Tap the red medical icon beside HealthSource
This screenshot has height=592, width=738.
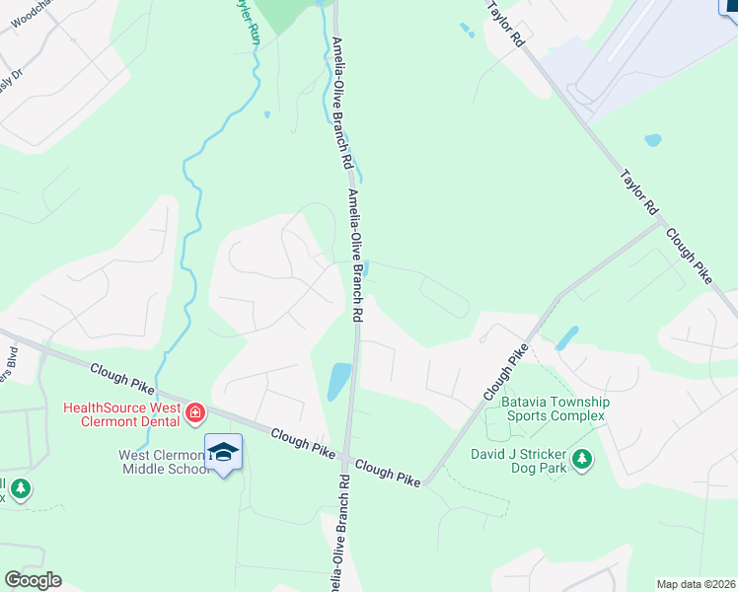pos(195,411)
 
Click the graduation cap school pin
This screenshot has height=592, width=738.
pos(224,452)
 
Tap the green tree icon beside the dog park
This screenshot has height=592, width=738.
pos(582,459)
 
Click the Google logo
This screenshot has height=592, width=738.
pos(33,580)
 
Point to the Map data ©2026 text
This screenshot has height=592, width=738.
pos(696,584)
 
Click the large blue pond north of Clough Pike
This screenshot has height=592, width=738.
pos(338,380)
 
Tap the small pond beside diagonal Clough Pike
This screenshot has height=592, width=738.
pos(566,338)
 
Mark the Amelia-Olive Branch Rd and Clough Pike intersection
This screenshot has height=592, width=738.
pos(345,457)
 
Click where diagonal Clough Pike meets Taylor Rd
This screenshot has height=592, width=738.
pos(659,221)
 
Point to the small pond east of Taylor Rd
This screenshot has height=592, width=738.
pos(652,140)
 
